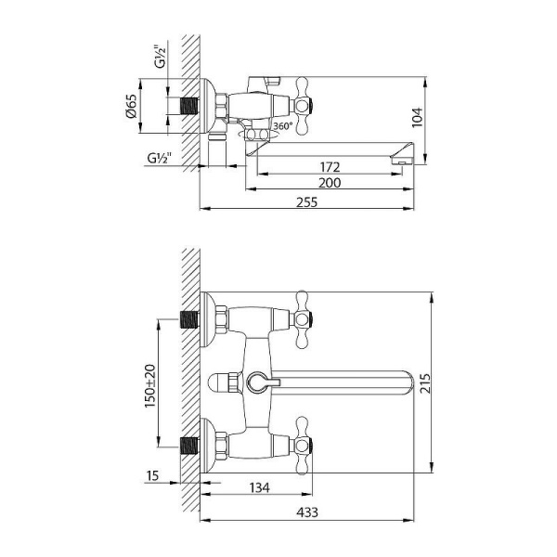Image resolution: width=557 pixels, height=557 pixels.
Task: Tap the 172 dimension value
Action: tap(330, 167)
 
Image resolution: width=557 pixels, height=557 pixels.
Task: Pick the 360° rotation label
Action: tap(282, 126)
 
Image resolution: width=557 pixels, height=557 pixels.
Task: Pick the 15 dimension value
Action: tap(154, 476)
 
